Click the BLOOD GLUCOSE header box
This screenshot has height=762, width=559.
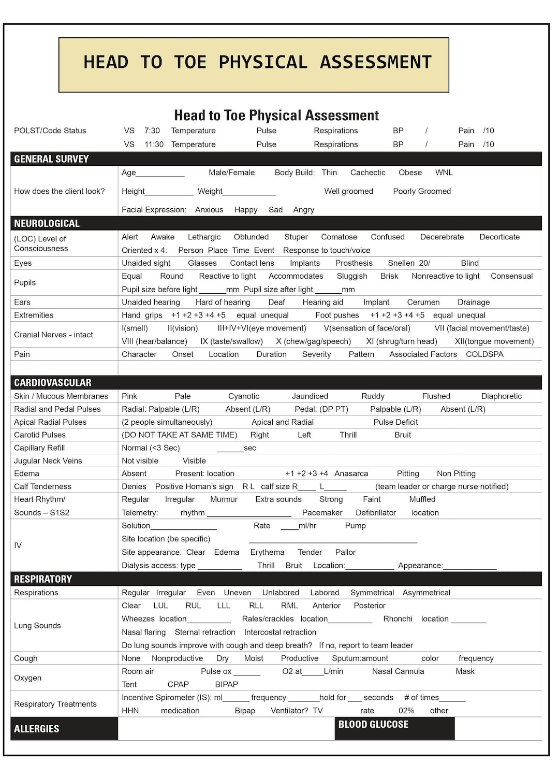(x=394, y=728)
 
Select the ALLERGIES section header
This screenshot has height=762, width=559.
(x=37, y=729)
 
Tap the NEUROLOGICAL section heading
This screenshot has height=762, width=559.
(x=47, y=223)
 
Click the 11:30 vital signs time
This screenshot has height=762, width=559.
(x=154, y=145)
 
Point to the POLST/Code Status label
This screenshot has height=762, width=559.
(x=50, y=131)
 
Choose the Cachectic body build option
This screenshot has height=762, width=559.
(x=367, y=172)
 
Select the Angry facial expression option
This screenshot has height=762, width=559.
(x=303, y=210)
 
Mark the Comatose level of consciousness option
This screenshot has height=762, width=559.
(x=339, y=237)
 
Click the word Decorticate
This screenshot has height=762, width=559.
(x=499, y=237)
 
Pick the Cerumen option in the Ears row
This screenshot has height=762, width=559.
(x=423, y=302)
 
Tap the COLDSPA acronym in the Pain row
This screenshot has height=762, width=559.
(x=484, y=354)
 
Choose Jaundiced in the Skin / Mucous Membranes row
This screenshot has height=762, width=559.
(x=310, y=396)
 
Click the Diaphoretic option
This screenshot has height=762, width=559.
(x=501, y=396)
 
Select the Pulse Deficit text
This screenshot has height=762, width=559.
(x=395, y=422)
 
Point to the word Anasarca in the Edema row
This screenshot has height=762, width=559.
(x=351, y=473)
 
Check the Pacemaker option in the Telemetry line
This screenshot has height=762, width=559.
(x=322, y=513)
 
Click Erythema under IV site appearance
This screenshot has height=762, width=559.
(x=267, y=552)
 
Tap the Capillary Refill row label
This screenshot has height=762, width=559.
(x=39, y=448)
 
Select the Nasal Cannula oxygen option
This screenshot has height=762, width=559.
(x=398, y=671)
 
